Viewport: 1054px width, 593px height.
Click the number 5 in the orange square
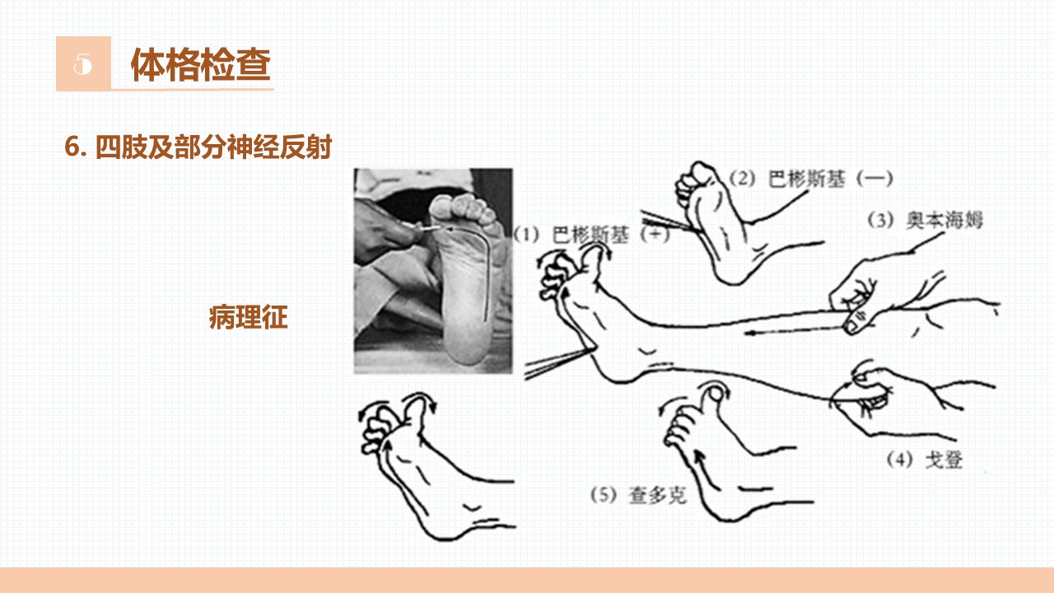pyautogui.click(x=82, y=64)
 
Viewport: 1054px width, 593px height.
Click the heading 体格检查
pyautogui.click(x=201, y=64)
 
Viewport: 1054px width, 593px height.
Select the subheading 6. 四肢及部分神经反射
pyautogui.click(x=198, y=147)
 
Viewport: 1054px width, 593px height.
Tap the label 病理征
pyautogui.click(x=248, y=317)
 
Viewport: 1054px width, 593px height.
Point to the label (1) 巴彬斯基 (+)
pyautogui.click(x=591, y=235)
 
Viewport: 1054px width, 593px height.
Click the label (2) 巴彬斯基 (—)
pyautogui.click(x=811, y=179)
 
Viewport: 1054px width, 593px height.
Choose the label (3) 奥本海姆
pyautogui.click(x=925, y=220)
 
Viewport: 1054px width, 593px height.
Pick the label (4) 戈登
pyautogui.click(x=925, y=460)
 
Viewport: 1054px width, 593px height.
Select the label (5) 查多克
pyautogui.click(x=638, y=495)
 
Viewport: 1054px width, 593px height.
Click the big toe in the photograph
pyautogui.click(x=442, y=207)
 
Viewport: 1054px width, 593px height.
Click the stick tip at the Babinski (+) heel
pyautogui.click(x=594, y=348)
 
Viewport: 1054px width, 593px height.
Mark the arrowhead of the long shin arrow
pyautogui.click(x=749, y=334)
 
